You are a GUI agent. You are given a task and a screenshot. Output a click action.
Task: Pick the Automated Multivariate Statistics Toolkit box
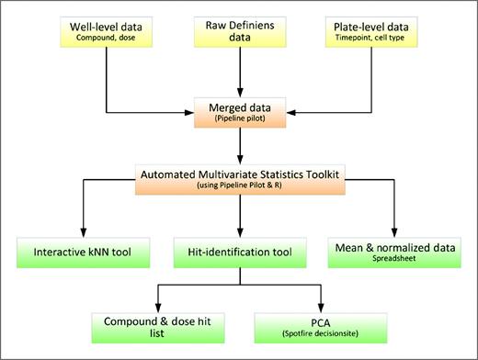(239, 178)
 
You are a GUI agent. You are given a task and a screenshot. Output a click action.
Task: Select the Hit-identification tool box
(239, 253)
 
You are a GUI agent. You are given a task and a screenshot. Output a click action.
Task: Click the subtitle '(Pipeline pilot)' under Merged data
(239, 120)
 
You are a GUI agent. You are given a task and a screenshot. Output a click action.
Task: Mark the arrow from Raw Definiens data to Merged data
(239, 73)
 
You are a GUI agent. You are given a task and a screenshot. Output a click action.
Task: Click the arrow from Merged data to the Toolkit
(239, 146)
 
